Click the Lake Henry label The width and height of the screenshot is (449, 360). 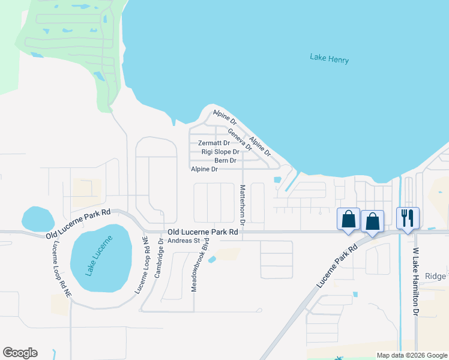point(329,59)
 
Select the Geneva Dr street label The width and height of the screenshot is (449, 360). point(239,139)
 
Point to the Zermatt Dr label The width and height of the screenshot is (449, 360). point(214,143)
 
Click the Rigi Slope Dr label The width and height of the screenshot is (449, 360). point(220,152)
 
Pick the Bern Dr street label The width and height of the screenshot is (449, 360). point(225,161)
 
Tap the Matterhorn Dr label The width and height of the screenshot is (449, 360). point(243,205)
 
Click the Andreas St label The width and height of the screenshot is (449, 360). point(183,241)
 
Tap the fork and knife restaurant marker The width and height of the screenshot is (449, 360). point(408,218)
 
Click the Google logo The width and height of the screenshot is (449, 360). point(20,353)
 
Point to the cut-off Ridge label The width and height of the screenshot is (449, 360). point(436,276)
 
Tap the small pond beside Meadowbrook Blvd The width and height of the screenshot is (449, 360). point(212,259)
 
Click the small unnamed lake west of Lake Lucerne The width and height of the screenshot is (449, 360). point(37,218)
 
